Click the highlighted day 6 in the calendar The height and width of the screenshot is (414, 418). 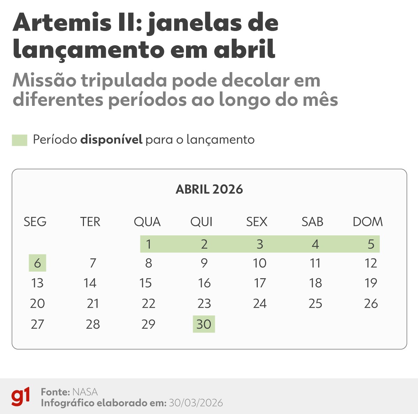[37, 263]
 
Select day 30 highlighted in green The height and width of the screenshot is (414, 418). [204, 324]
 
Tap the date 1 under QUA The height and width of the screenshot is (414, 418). [148, 244]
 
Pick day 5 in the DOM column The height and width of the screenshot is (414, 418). [371, 244]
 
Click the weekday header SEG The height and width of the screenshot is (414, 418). [35, 222]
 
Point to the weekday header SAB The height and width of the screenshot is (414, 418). [312, 222]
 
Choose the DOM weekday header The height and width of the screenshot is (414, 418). [367, 222]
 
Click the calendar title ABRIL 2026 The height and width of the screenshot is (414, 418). [209, 189]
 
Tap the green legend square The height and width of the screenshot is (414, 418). [20, 140]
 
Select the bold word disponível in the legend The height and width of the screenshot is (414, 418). [111, 140]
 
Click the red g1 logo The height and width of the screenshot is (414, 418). [21, 397]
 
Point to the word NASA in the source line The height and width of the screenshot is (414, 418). [85, 392]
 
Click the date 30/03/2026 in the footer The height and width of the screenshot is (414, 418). [196, 403]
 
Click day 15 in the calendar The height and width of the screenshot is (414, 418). [145, 283]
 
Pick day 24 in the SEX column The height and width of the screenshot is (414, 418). [260, 304]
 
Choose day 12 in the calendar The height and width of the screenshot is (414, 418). [371, 263]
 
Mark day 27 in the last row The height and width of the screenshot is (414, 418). [37, 324]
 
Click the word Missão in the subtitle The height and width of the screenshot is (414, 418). [44, 81]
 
